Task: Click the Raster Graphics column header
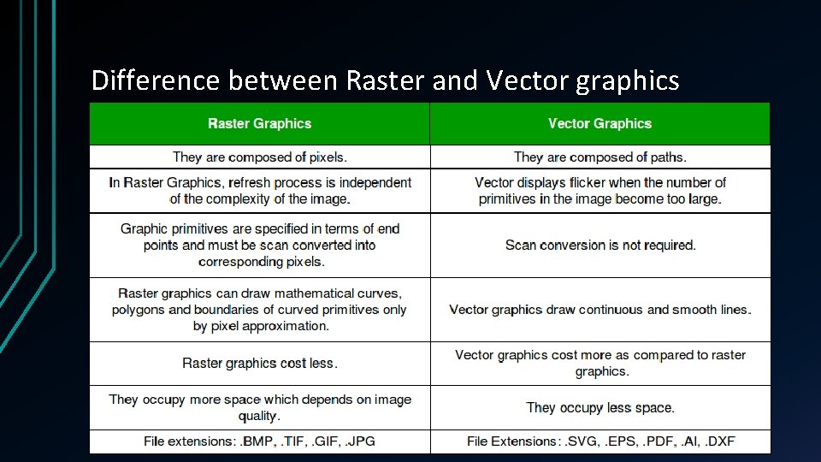click(x=259, y=124)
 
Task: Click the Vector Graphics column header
click(x=600, y=124)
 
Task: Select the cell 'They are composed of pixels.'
click(x=259, y=157)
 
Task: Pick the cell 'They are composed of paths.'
click(x=600, y=157)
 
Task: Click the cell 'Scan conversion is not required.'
click(x=600, y=245)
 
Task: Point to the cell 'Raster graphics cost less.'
click(x=259, y=363)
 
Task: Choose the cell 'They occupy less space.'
click(x=600, y=407)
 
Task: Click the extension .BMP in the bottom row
click(x=258, y=441)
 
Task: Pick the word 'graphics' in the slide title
click(x=628, y=80)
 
